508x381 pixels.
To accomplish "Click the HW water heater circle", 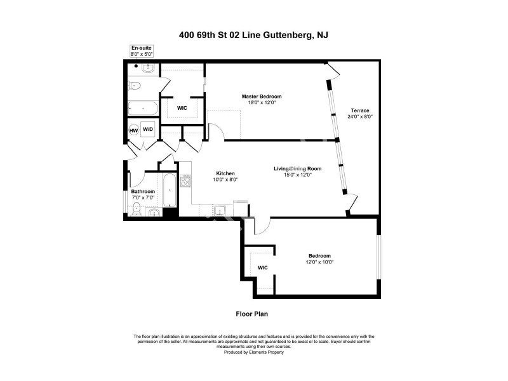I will click(134, 130).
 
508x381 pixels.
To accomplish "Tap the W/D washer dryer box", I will click(148, 129).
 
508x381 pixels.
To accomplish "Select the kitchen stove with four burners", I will click(186, 182).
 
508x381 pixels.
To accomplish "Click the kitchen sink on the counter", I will click(220, 211).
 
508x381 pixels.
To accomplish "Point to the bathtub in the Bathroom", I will click(170, 190).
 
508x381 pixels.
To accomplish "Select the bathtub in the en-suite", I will click(142, 109).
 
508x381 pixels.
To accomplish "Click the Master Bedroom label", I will click(261, 97).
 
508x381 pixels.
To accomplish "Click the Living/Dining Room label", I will click(297, 168).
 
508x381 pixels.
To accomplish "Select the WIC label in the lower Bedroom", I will click(263, 268).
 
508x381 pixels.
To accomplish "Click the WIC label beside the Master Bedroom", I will click(182, 108).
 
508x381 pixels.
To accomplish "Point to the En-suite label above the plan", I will click(140, 48).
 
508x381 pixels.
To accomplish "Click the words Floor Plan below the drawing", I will click(253, 313).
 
